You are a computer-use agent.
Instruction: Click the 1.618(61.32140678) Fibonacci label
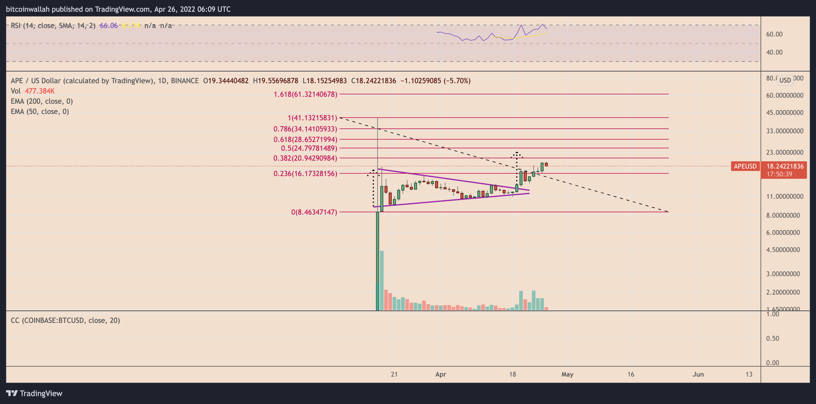coord(305,94)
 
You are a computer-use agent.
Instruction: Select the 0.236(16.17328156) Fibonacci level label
coord(305,173)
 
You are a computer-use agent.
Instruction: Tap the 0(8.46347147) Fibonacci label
coord(314,212)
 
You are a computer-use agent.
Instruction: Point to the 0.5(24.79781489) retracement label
coord(309,148)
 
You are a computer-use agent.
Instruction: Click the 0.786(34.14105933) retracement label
coord(305,129)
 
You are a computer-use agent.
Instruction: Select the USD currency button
coord(785,80)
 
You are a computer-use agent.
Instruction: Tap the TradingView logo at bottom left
coord(34,393)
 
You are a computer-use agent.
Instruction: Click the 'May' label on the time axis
coord(567,374)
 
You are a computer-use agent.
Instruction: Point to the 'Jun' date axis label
coord(698,374)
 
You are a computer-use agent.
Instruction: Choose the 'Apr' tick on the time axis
coord(440,374)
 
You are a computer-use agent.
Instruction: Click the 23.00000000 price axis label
coord(784,153)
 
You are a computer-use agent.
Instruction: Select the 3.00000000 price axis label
coord(783,274)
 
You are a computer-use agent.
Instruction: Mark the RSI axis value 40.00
coord(774,52)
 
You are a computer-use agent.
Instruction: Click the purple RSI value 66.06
coord(109,26)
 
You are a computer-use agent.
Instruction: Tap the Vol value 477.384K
coord(39,91)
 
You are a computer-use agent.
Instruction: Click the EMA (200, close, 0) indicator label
coord(42,101)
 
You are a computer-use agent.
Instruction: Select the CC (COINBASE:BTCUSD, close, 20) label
coord(65,320)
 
